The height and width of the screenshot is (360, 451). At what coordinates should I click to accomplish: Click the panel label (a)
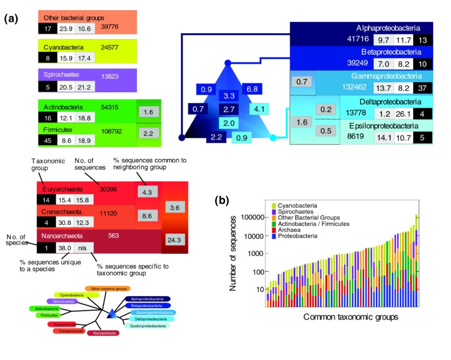[x=12, y=18]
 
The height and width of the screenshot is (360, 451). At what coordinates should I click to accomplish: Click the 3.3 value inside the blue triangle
[x=229, y=96]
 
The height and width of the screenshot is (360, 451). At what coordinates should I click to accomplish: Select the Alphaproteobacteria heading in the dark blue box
[x=388, y=28]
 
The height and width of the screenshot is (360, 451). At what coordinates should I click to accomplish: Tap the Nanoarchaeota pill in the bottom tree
[x=103, y=332]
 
